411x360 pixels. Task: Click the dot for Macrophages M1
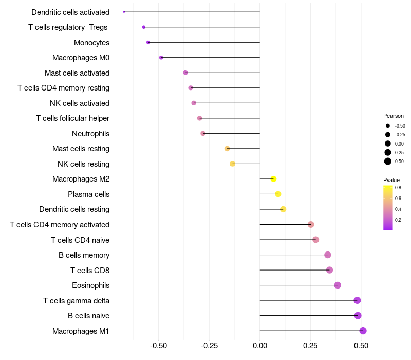click(x=363, y=331)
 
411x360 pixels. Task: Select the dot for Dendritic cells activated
click(x=124, y=12)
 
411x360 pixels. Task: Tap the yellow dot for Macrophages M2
click(x=273, y=179)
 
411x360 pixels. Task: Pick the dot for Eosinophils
click(x=338, y=285)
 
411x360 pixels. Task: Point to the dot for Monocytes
click(x=148, y=42)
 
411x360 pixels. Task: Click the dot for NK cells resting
click(x=232, y=164)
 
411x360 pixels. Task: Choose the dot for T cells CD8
click(x=329, y=270)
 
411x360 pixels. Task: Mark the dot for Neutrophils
click(x=203, y=133)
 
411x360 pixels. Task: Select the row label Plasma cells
click(x=88, y=194)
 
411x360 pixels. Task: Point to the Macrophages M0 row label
click(x=81, y=58)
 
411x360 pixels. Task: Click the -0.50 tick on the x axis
click(x=158, y=346)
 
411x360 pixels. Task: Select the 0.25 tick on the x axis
click(x=310, y=346)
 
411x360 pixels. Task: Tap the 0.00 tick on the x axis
click(x=260, y=346)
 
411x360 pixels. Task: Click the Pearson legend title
click(x=393, y=116)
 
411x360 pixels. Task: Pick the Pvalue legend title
click(x=391, y=180)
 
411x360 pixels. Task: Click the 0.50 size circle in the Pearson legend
click(x=388, y=161)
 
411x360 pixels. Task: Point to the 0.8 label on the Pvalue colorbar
click(x=398, y=188)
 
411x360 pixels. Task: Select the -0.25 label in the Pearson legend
click(x=400, y=135)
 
